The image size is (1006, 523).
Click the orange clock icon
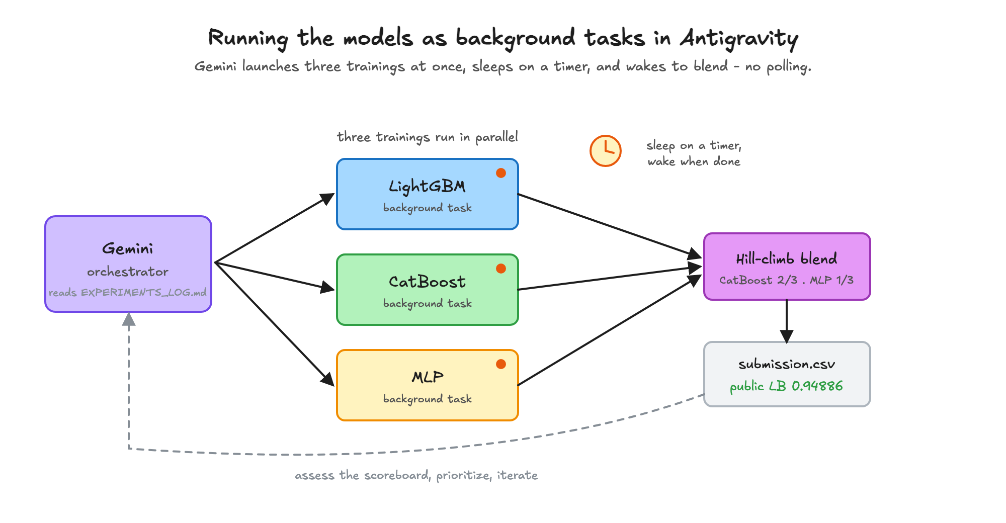(x=606, y=150)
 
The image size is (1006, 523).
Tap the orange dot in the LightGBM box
(x=501, y=173)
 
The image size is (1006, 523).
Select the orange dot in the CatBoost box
(x=501, y=269)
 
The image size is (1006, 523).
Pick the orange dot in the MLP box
(x=501, y=364)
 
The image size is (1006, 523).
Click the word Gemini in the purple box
(x=128, y=248)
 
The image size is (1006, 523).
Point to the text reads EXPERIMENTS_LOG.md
(x=128, y=292)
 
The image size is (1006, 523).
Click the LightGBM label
(x=427, y=187)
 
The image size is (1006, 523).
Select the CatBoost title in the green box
(x=427, y=282)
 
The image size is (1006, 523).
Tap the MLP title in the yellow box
(x=428, y=377)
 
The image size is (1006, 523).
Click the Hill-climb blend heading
(x=787, y=259)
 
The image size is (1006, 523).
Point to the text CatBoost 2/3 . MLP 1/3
(x=787, y=280)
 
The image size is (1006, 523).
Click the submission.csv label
(x=787, y=364)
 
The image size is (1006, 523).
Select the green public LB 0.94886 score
(x=787, y=386)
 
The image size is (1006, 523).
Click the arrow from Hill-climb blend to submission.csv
(x=787, y=321)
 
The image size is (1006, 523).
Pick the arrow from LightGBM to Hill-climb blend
(x=610, y=226)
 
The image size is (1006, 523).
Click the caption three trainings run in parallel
(x=428, y=137)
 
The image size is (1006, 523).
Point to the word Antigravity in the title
(x=739, y=39)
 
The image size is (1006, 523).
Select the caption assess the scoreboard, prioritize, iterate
(x=416, y=475)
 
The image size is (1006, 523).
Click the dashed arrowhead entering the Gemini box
(x=129, y=319)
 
